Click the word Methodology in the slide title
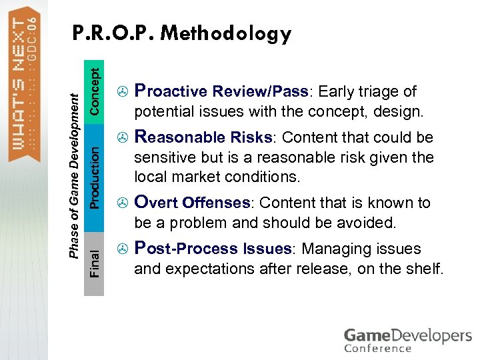226,34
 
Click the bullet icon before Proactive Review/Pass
121,92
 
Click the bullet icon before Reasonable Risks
121,138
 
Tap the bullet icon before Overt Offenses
121,203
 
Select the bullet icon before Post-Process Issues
121,249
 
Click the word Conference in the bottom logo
377,347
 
